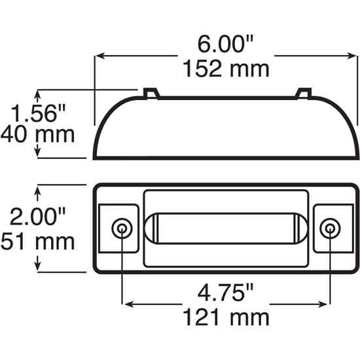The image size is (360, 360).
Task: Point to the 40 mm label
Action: (x=37, y=135)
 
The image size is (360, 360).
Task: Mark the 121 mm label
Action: (x=226, y=317)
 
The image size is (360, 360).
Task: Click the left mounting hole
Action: (x=122, y=228)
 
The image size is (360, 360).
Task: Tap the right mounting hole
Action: (x=331, y=228)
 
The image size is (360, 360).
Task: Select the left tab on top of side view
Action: (x=151, y=92)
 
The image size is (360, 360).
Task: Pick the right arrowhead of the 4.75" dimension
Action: (x=325, y=304)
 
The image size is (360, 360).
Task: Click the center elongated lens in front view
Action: (x=227, y=228)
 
